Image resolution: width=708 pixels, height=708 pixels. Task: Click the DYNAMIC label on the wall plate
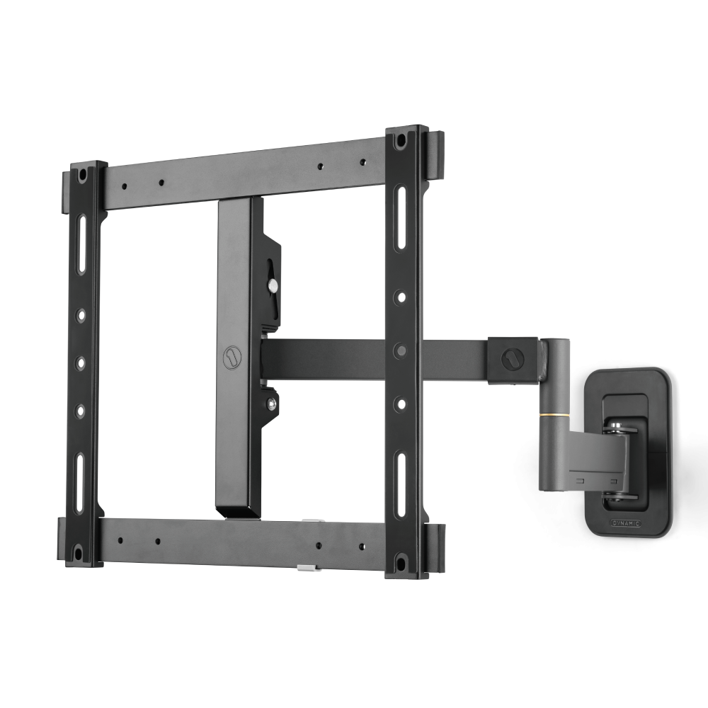626,523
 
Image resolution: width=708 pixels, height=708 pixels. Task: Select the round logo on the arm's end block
511,359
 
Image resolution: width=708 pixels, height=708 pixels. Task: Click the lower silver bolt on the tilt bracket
272,404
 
